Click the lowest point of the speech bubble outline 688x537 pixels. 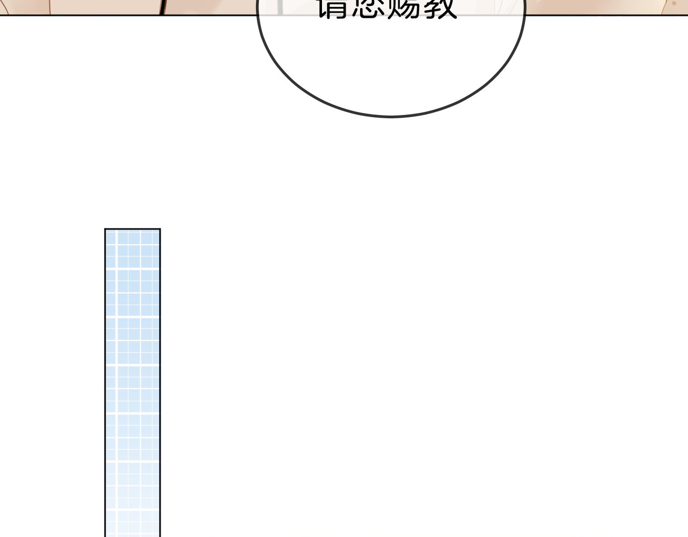(391, 116)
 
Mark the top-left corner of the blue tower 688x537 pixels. (105, 229)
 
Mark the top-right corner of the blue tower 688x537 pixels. (160, 229)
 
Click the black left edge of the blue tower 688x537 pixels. (105, 376)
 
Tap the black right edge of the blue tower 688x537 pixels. (160, 376)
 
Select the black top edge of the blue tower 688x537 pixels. (132, 229)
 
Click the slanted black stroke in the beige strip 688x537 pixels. (162, 6)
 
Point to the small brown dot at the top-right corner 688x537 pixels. (674, 3)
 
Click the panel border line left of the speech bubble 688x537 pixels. (129, 15)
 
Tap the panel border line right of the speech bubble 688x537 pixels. (602, 15)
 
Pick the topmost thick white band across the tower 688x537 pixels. (132, 268)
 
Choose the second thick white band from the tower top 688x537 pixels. (132, 317)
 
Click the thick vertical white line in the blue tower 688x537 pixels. (116, 376)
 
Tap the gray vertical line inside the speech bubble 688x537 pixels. (280, 8)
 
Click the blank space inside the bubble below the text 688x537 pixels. (391, 65)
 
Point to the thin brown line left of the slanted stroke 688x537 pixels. (49, 6)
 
